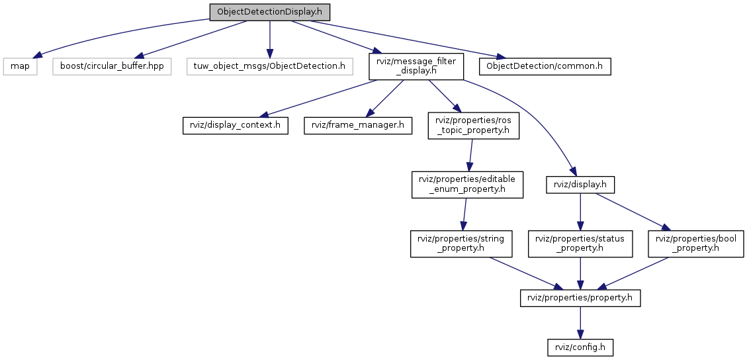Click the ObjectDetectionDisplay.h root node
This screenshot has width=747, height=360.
[269, 13]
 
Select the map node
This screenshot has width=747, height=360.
[19, 66]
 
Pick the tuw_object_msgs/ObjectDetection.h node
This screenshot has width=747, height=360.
[269, 66]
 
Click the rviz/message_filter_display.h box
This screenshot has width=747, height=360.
[416, 66]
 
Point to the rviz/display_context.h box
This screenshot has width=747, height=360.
[236, 126]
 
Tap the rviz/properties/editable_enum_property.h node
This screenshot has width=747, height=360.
[468, 185]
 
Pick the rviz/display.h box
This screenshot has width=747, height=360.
[580, 185]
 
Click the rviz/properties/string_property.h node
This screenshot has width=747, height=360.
[461, 244]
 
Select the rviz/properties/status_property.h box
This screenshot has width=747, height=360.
[580, 244]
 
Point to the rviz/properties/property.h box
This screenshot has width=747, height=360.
[580, 298]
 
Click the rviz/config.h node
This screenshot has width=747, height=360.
[580, 346]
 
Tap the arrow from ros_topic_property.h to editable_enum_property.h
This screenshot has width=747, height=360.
[470, 156]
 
